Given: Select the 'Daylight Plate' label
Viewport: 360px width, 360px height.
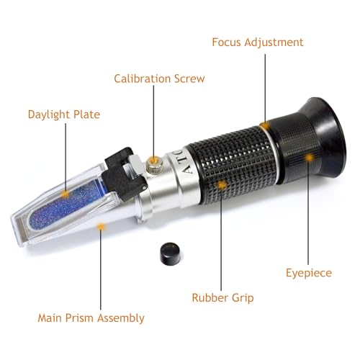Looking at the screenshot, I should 64,114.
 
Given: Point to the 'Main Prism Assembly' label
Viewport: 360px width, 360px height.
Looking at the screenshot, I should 91,318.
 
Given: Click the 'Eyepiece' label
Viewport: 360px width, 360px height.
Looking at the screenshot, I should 309,274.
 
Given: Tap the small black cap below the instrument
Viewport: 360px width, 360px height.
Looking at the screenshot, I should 168,254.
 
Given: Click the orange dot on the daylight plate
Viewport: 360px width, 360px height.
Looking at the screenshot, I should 65,194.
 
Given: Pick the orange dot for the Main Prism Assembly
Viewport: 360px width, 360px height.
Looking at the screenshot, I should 101,227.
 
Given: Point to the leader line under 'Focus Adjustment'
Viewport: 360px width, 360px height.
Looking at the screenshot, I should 264,86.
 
